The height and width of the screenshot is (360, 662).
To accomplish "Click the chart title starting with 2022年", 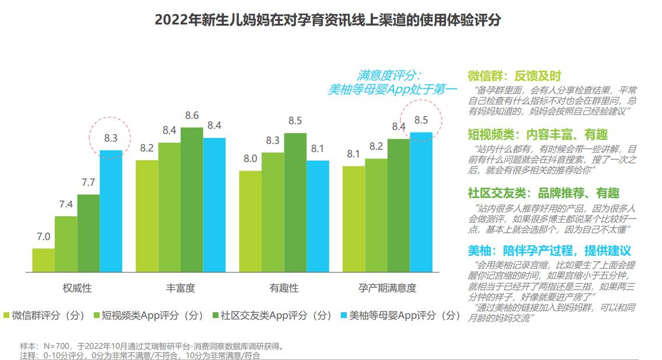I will [x=328, y=20].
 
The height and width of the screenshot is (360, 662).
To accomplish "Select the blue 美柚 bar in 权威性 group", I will [x=111, y=211].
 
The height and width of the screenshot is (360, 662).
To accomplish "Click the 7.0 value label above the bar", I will [x=43, y=237].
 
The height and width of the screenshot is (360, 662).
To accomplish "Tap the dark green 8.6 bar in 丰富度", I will [x=192, y=199].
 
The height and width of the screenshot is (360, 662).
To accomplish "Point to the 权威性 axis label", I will [x=77, y=288].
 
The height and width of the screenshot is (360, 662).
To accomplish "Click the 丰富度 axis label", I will [x=180, y=288].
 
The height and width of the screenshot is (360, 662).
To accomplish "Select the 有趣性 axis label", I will [x=284, y=288].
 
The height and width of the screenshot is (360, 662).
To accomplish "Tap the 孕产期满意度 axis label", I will [x=387, y=288].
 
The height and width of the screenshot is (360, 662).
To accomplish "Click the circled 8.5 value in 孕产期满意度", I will [x=421, y=120].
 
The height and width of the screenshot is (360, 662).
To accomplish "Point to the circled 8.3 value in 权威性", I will [x=111, y=138].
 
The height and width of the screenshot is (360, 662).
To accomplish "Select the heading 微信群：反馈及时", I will [x=514, y=76].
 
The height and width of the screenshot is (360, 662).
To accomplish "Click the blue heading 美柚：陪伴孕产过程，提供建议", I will [x=549, y=250].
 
